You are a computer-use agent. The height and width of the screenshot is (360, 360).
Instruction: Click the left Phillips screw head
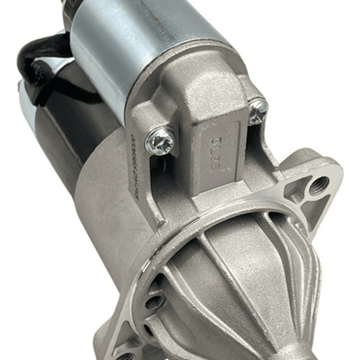click(160, 142)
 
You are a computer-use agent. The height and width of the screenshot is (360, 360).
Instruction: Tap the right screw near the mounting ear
click(258, 110)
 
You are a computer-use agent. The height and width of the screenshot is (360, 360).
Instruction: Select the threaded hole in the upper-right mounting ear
click(319, 185)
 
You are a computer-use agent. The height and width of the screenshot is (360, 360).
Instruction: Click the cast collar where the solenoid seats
click(190, 75)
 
